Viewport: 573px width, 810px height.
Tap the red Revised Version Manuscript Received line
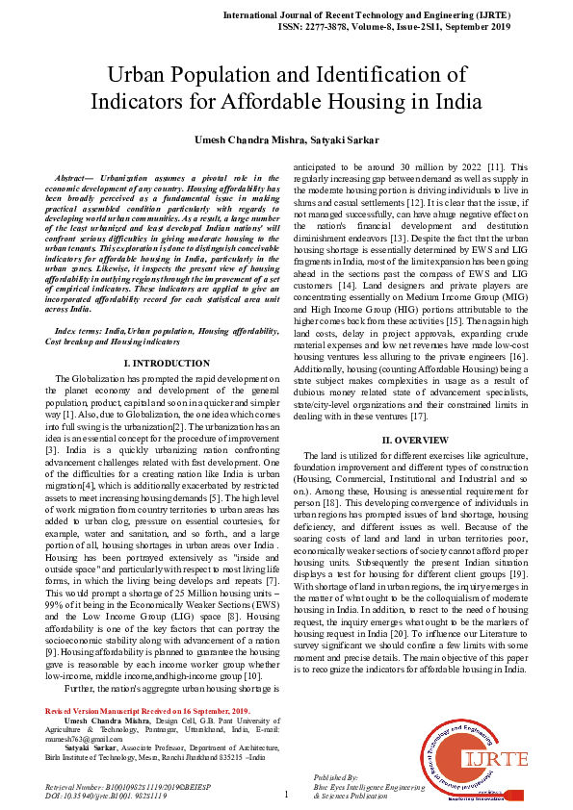tap(147, 736)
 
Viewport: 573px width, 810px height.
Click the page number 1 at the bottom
tap(286, 795)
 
